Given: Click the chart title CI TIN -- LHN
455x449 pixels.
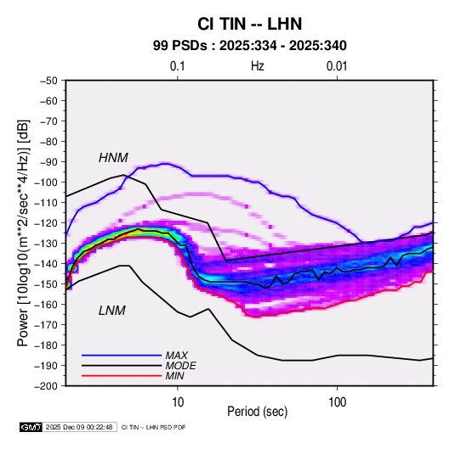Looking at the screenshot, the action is click(x=249, y=24).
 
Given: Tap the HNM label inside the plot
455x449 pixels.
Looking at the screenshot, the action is click(x=113, y=158).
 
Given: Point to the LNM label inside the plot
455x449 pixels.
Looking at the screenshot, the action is click(x=112, y=311).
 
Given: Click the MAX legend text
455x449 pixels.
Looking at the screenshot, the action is click(x=176, y=356).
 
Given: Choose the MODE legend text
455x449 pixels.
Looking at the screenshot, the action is click(x=180, y=366).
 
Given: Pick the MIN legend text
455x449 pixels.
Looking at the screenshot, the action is click(x=174, y=376).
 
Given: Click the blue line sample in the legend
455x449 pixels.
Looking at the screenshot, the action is click(x=122, y=356).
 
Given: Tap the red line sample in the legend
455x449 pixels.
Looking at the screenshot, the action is click(x=122, y=376).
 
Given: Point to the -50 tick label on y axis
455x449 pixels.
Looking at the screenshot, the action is click(x=48, y=81).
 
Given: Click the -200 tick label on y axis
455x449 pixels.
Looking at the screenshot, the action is click(x=46, y=386).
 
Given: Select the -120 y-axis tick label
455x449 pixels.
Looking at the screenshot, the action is click(x=46, y=223).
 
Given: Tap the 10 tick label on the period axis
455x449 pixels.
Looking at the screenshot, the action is click(x=178, y=402).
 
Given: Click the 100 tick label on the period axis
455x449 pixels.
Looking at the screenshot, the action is click(x=337, y=402).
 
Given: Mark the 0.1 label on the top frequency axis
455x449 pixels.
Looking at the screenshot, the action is click(x=177, y=66).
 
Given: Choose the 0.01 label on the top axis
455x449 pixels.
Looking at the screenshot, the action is click(x=337, y=66).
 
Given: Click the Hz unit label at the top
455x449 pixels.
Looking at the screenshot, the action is click(x=258, y=66).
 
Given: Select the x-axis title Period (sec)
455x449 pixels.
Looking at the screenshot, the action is click(x=258, y=412).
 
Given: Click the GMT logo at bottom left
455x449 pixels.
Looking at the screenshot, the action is click(x=31, y=427).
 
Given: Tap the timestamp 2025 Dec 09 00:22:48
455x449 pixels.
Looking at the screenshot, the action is click(x=79, y=427).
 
